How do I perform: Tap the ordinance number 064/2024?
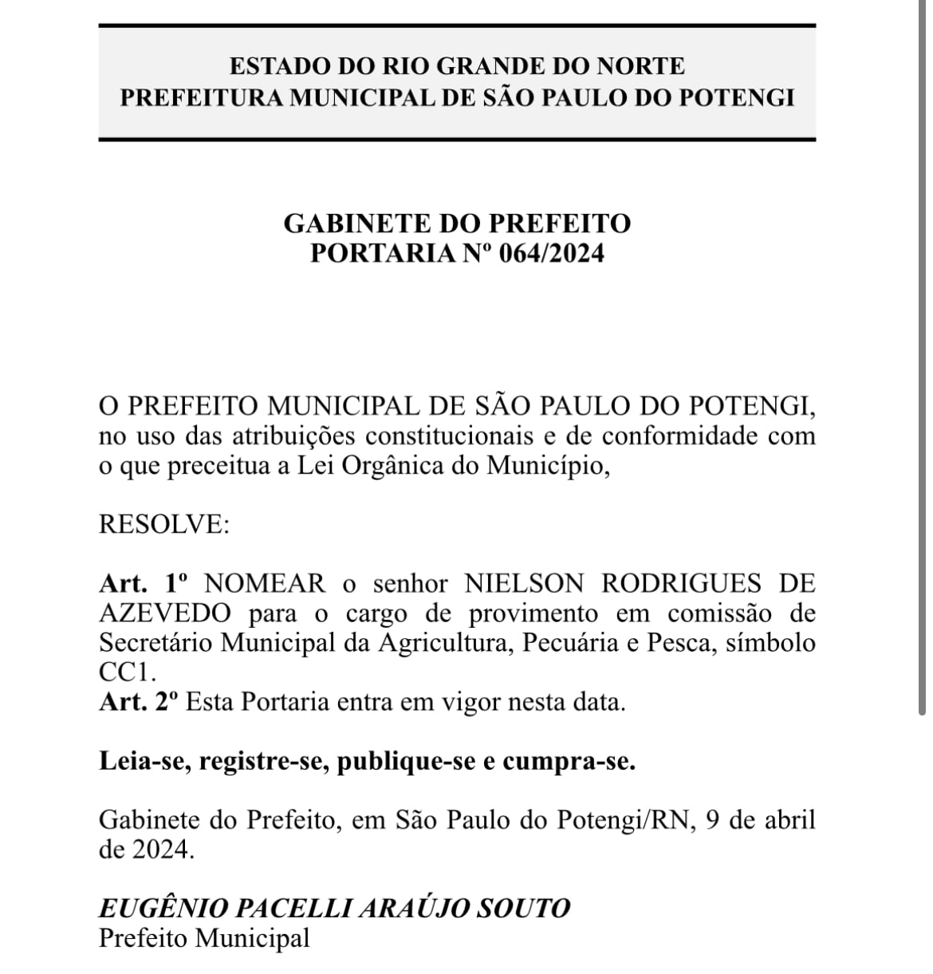pos(552,253)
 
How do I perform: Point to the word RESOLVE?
pos(163,525)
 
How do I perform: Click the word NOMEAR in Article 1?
pos(266,584)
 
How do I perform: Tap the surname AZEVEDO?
pos(166,613)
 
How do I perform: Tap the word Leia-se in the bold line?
pos(144,762)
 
